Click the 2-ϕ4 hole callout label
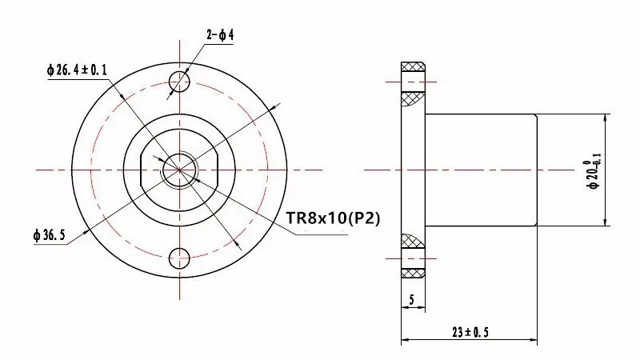pos(220,35)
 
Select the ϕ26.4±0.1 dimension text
pos(77,70)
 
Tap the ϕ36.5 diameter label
pos(50,235)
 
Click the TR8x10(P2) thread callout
pos(333,218)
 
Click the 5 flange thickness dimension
pos(411,299)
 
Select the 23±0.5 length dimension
pos(470,332)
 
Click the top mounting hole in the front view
pos(179,82)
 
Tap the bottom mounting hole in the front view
pos(179,258)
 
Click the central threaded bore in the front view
pos(179,170)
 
